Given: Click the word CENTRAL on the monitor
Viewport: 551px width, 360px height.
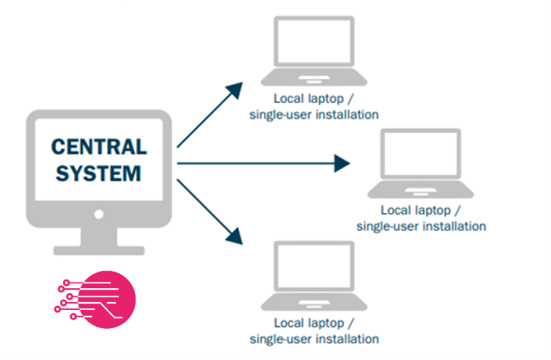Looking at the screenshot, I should pyautogui.click(x=99, y=147).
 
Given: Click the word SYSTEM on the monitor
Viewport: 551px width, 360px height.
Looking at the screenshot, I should pyautogui.click(x=99, y=174).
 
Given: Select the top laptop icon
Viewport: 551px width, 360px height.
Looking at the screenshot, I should pyautogui.click(x=314, y=51).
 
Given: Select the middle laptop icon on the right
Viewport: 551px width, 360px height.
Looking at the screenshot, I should pyautogui.click(x=420, y=163).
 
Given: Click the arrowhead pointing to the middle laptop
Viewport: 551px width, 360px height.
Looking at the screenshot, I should pyautogui.click(x=342, y=163).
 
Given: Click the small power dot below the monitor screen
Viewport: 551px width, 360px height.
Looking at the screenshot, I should pyautogui.click(x=99, y=214).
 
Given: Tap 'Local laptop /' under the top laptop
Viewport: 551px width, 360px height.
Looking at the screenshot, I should pyautogui.click(x=314, y=98).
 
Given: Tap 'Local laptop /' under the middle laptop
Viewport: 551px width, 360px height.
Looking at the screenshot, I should pyautogui.click(x=420, y=210).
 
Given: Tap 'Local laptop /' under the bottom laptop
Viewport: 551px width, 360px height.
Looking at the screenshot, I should pyautogui.click(x=314, y=323).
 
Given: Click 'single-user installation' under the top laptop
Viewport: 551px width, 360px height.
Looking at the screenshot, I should pyautogui.click(x=314, y=114).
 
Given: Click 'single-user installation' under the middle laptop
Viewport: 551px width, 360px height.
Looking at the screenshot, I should pyautogui.click(x=420, y=226).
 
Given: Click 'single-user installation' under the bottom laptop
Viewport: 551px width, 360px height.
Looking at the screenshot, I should pyautogui.click(x=314, y=339).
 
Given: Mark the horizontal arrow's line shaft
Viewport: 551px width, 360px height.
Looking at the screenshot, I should pyautogui.click(x=254, y=163).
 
